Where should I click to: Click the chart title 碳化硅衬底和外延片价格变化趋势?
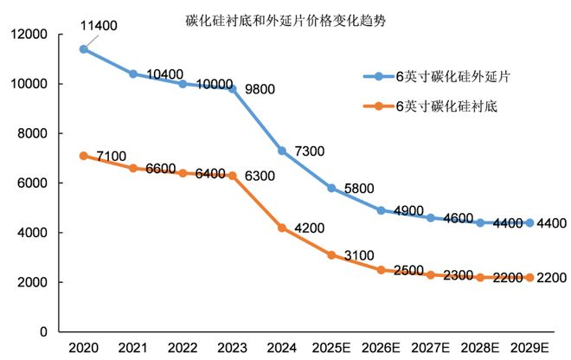(x=285, y=18)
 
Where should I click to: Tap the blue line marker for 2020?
(x=83, y=49)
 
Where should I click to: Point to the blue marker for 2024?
(x=282, y=151)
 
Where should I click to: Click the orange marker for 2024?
(x=282, y=228)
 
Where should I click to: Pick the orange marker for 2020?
(x=83, y=156)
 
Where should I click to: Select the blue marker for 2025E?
(x=331, y=188)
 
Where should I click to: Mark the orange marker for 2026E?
(x=382, y=270)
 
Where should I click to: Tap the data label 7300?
(x=308, y=151)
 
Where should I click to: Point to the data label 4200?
(x=308, y=228)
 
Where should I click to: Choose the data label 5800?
(x=357, y=189)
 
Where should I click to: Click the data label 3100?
(x=357, y=255)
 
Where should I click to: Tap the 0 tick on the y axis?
(x=42, y=332)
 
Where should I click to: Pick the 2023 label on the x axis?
(x=232, y=348)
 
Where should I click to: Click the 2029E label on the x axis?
(x=530, y=348)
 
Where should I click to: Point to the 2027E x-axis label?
(x=431, y=348)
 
